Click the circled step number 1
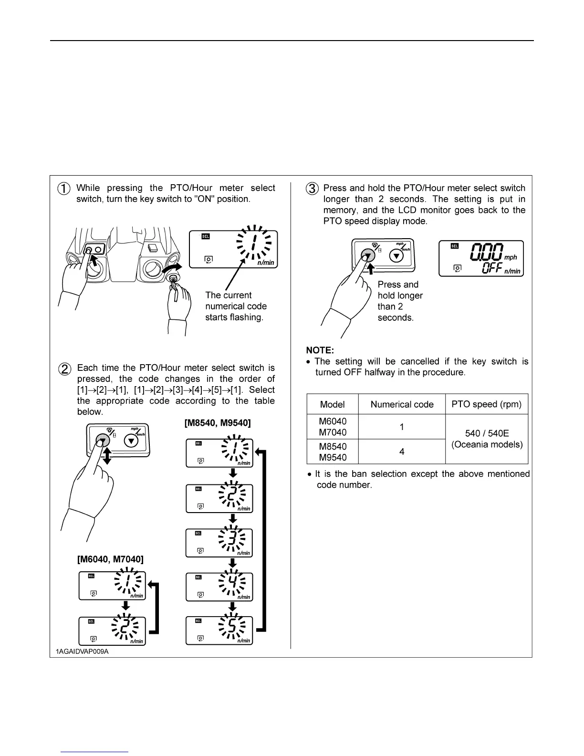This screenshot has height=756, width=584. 64,189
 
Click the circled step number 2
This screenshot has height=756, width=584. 64,369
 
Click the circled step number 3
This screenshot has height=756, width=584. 312,189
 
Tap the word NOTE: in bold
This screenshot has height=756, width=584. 320,350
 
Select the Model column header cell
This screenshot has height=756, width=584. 332,404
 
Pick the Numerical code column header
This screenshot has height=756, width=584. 402,404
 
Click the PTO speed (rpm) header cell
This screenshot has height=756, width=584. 487,404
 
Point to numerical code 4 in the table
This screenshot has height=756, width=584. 402,451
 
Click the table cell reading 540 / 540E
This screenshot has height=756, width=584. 487,433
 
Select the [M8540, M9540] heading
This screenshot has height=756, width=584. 218,423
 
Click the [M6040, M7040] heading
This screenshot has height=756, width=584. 110,559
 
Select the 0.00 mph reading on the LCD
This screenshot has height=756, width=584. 487,252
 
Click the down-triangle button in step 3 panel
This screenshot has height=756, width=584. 396,256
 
